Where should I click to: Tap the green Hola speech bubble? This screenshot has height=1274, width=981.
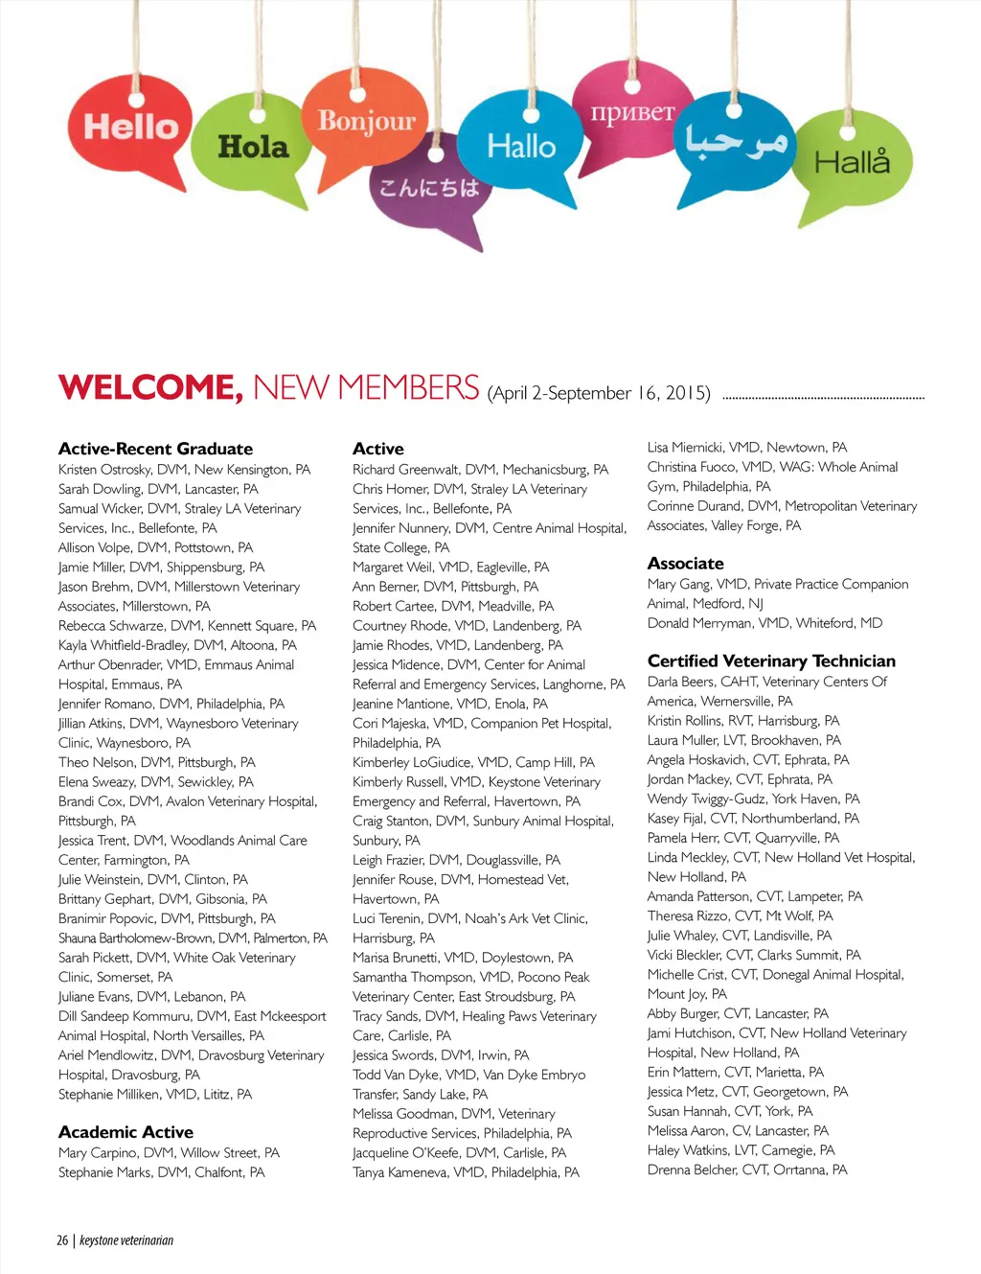tap(253, 147)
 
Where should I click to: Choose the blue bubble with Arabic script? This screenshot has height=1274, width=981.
tap(735, 142)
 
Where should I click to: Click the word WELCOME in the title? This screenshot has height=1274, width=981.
tap(150, 387)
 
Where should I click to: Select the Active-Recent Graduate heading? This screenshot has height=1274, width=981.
tap(155, 449)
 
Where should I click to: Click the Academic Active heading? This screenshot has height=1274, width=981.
tap(125, 1132)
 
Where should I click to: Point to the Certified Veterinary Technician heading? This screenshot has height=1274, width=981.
tap(771, 660)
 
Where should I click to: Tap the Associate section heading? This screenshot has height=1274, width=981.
tap(685, 564)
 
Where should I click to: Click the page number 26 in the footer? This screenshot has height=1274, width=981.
tap(62, 1240)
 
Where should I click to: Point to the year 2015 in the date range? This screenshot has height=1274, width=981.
tap(687, 393)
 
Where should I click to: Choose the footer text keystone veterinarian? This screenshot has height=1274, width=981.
tap(126, 1240)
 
